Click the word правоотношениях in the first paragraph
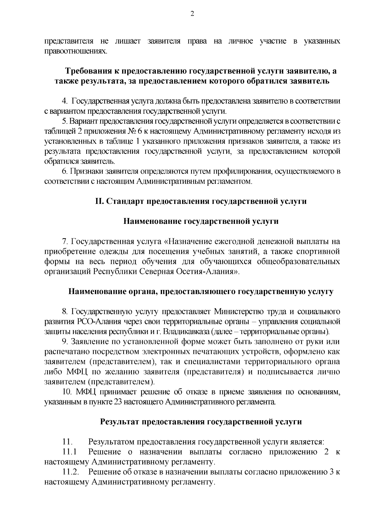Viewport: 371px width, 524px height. pos(76,51)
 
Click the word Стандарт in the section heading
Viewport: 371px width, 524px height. pos(123,201)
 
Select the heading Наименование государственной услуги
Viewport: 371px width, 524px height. pos(201,221)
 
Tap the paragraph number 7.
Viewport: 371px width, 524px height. pos(65,241)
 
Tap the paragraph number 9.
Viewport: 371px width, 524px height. pos(65,342)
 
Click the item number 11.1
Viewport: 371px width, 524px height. pos(69,452)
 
